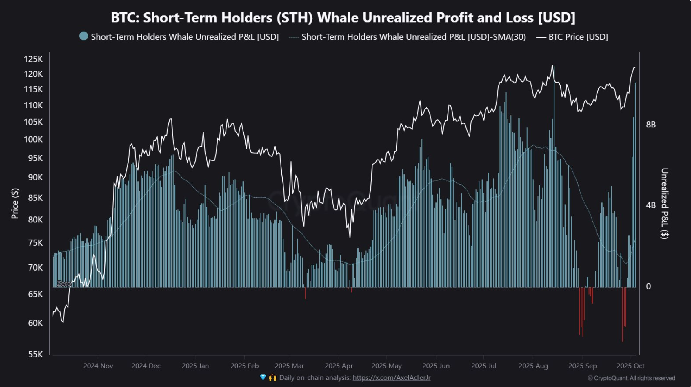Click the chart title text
coord(343,17)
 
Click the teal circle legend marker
coord(83,36)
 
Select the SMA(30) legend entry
coord(413,37)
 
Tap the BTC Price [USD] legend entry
coord(578,37)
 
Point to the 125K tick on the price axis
coord(33,59)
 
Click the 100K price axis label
coord(33,139)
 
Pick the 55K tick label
coord(35,354)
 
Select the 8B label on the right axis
coord(651,125)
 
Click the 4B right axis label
coord(651,205)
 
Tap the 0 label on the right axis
coord(648,286)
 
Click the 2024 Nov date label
coord(98,366)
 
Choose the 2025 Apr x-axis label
coord(339,366)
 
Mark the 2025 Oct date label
coord(630,366)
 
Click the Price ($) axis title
coord(15,203)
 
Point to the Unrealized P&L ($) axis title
coord(664,203)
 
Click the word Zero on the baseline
coord(63,283)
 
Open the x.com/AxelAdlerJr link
coord(391,378)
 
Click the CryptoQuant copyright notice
coord(631,378)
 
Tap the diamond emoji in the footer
coord(263,377)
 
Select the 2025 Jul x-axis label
coord(483,366)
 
